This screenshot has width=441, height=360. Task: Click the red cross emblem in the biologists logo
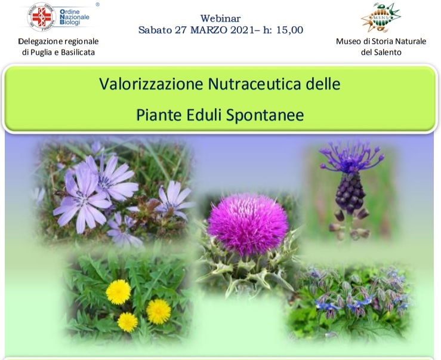click(42, 17)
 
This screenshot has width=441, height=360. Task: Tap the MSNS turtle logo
click(381, 17)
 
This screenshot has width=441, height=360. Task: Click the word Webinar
click(221, 19)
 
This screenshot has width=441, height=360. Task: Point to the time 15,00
click(289, 30)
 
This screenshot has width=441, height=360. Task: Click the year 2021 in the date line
click(242, 30)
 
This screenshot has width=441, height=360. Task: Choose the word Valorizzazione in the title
click(151, 84)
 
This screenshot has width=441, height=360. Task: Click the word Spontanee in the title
click(264, 115)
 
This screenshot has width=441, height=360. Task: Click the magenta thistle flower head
click(248, 224)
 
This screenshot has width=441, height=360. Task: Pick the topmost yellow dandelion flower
click(118, 292)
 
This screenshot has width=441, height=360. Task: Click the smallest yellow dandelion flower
click(128, 322)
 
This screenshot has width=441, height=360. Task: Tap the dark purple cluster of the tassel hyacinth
click(350, 193)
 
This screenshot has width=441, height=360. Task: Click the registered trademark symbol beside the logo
click(98, 5)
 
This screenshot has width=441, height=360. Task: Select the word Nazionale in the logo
click(75, 17)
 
